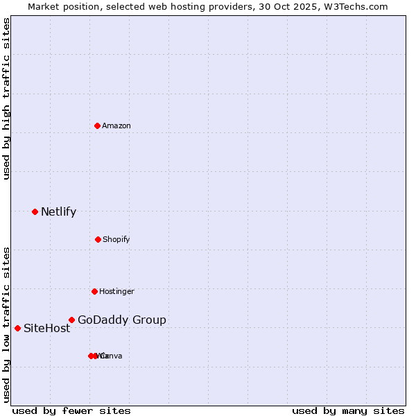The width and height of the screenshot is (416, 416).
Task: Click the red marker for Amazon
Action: (98, 125)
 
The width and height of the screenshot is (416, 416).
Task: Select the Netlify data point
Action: (35, 211)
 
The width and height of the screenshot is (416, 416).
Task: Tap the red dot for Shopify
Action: (98, 239)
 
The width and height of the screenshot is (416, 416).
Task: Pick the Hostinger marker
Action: (94, 291)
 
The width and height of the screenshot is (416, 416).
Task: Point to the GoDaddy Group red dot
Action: (71, 320)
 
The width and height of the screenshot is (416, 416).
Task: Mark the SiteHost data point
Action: (17, 328)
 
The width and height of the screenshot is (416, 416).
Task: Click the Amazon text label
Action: (116, 125)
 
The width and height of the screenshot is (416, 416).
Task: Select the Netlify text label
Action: (58, 212)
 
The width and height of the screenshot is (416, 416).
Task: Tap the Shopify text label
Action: (116, 239)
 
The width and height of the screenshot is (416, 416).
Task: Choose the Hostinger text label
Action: (116, 291)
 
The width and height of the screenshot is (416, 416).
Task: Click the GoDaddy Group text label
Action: (122, 320)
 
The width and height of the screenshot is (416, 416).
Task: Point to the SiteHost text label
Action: (47, 329)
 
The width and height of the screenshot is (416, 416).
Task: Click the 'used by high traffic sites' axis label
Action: (6, 98)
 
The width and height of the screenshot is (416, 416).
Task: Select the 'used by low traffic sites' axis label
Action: (6, 324)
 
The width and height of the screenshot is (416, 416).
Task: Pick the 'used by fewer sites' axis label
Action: (71, 410)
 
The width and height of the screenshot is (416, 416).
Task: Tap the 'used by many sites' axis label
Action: (348, 410)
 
